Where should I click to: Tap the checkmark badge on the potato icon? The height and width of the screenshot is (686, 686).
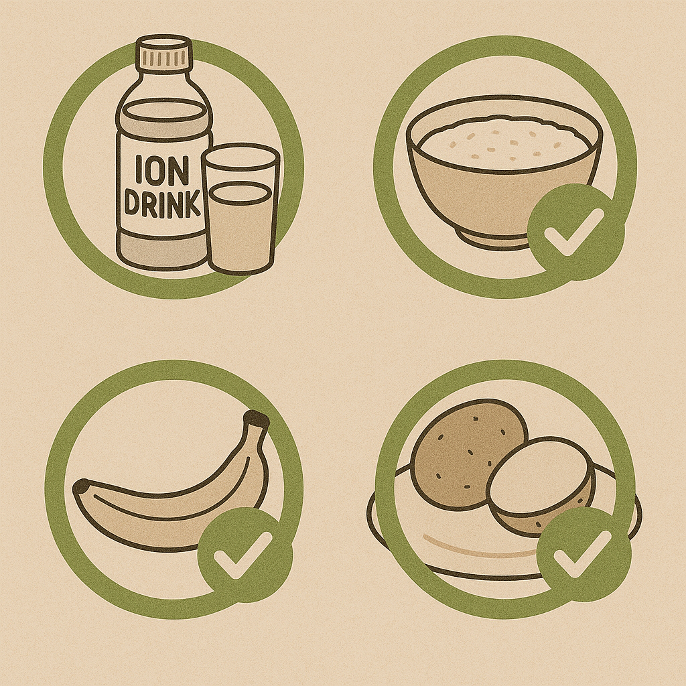click(x=584, y=555)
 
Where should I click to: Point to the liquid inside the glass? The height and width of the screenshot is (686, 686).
click(x=241, y=228)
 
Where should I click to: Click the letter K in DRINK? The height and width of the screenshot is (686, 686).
click(x=192, y=204)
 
